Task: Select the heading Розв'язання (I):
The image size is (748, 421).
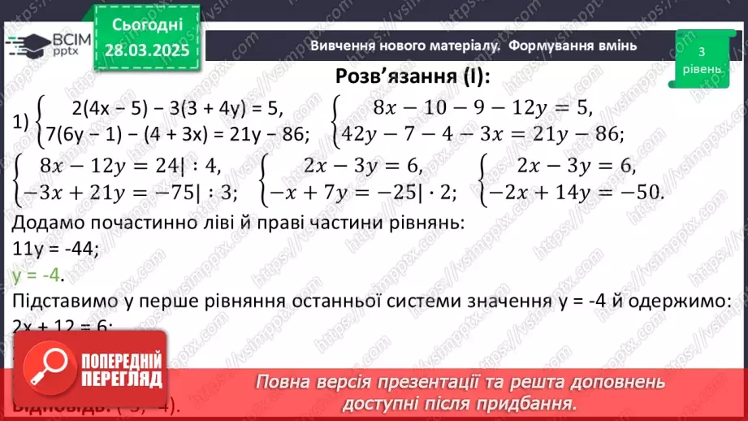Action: point(413,76)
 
